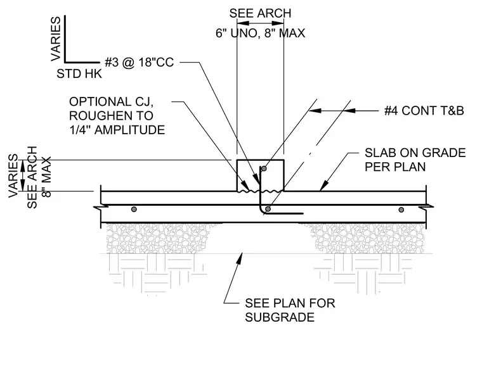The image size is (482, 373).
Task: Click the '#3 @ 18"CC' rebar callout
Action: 140,62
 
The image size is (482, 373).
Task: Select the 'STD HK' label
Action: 79,74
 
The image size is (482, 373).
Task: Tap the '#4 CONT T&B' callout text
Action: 424,111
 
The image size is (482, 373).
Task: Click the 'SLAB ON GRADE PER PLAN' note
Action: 415,160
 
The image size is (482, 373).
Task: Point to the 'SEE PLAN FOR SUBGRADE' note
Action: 290,310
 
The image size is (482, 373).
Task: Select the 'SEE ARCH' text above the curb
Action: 260,13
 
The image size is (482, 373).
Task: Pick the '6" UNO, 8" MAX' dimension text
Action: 260,33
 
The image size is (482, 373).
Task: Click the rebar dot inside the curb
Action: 264,168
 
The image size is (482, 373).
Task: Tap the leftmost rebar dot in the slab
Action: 134,210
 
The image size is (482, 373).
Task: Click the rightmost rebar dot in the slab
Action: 401,210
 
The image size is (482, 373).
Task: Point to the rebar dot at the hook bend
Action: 268,209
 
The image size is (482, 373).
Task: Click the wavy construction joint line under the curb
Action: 260,191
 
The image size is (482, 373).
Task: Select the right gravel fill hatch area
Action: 367,238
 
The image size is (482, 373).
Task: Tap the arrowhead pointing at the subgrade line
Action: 239,258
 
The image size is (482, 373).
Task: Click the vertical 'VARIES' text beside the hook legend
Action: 56,39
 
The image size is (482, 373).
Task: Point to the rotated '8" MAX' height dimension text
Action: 46,177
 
